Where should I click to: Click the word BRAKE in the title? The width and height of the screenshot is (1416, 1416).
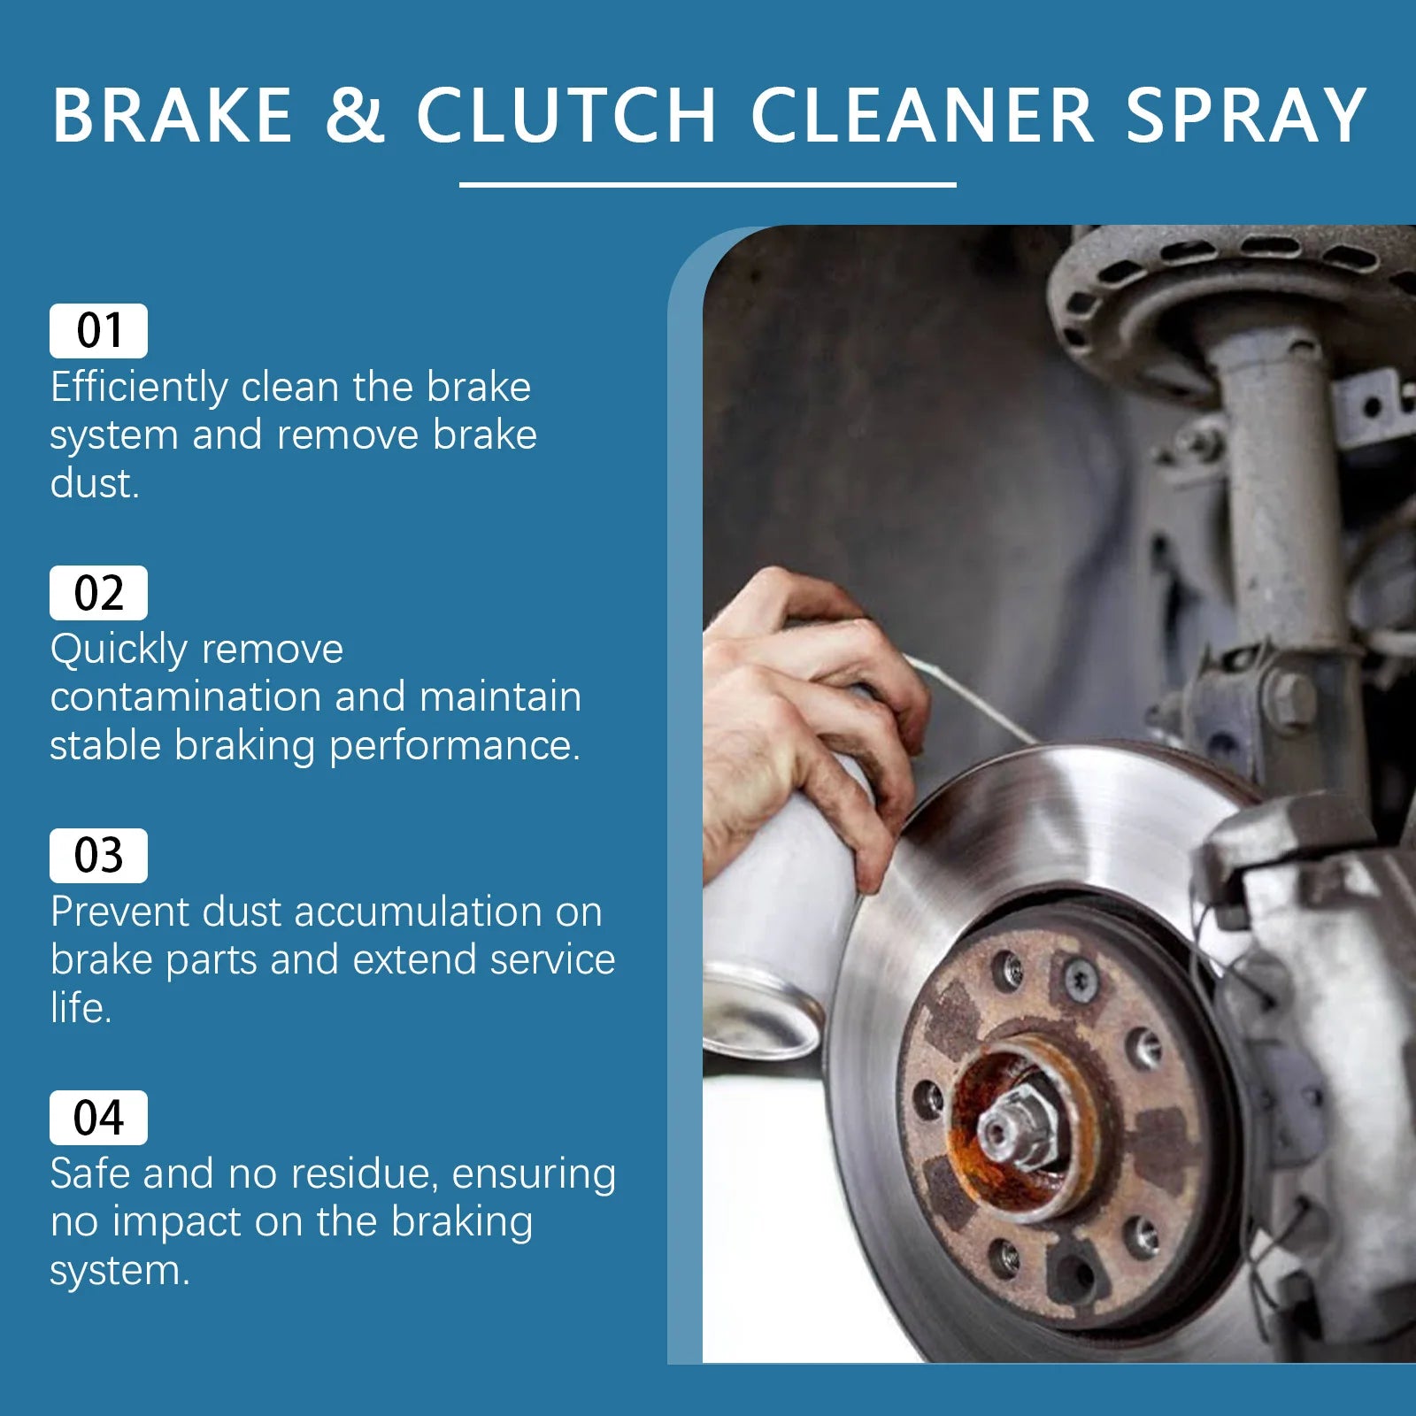tap(173, 115)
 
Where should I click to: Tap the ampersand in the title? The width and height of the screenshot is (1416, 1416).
tap(355, 115)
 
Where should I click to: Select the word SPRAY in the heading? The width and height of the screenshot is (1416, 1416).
tap(1246, 115)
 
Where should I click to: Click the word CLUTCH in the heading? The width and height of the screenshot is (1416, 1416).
tap(566, 115)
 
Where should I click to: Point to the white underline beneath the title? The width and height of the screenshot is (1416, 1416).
tap(708, 185)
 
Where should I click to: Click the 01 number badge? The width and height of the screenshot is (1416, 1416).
tap(98, 331)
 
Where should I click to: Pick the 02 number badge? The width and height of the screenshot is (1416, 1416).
tap(98, 593)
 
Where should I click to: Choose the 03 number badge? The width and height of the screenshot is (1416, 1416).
tap(98, 856)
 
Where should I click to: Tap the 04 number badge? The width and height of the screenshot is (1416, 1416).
tap(98, 1118)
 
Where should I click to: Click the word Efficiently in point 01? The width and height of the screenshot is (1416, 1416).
tap(139, 388)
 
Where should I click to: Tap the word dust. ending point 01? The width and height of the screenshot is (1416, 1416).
tap(95, 484)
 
